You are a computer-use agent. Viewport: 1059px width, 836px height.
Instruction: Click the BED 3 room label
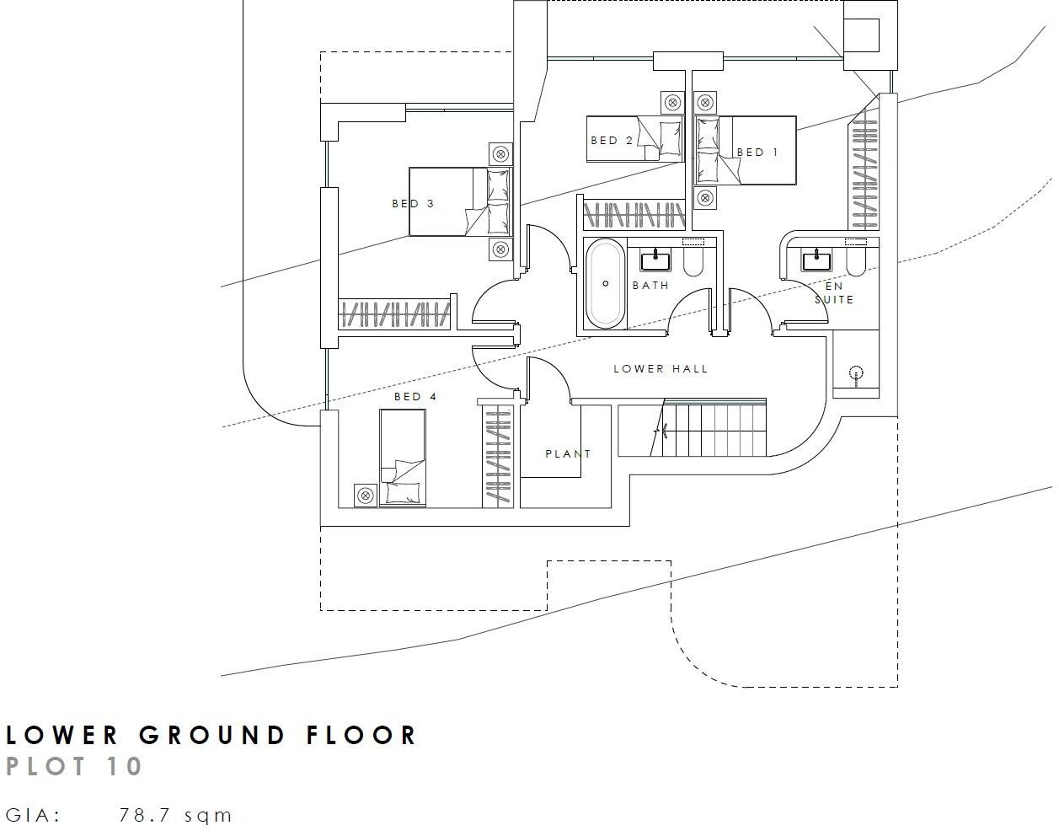pyautogui.click(x=413, y=204)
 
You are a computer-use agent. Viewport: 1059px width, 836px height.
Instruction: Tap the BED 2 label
pyautogui.click(x=611, y=141)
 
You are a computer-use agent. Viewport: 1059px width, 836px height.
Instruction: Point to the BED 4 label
pyautogui.click(x=415, y=397)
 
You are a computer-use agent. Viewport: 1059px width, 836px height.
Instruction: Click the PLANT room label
pyautogui.click(x=568, y=454)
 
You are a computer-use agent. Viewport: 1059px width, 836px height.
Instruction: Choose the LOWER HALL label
pyautogui.click(x=661, y=369)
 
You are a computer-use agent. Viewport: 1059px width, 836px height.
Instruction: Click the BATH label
pyautogui.click(x=650, y=286)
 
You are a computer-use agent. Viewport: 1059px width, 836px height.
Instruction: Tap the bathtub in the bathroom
pyautogui.click(x=605, y=284)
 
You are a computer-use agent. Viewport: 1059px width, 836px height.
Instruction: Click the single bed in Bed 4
pyautogui.click(x=402, y=458)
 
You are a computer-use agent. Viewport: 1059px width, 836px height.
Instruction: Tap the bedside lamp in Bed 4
pyautogui.click(x=366, y=496)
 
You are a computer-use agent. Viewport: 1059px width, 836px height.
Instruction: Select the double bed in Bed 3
pyautogui.click(x=460, y=201)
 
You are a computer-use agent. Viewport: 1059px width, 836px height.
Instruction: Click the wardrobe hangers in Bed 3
pyautogui.click(x=393, y=314)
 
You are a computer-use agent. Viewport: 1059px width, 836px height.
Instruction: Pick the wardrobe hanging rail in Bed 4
pyautogui.click(x=498, y=458)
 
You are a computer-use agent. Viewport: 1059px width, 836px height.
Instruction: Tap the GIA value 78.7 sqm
pyautogui.click(x=175, y=816)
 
